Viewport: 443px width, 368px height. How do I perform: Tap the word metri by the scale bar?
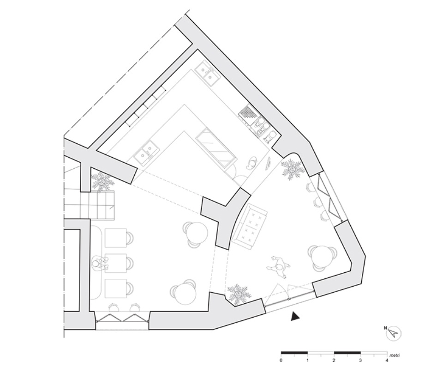pos(395,355)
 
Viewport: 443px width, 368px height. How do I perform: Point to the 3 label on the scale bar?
pos(360,361)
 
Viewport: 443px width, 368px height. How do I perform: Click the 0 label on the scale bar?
pos(281,361)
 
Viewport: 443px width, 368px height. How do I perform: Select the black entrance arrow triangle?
pos(295,316)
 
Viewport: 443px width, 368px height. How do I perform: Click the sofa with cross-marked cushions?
pos(249,227)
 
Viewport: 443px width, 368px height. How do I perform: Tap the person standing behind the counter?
pos(252,163)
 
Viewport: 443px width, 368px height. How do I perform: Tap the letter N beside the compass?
pos(385,328)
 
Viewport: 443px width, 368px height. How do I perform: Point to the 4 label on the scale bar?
pos(387,361)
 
